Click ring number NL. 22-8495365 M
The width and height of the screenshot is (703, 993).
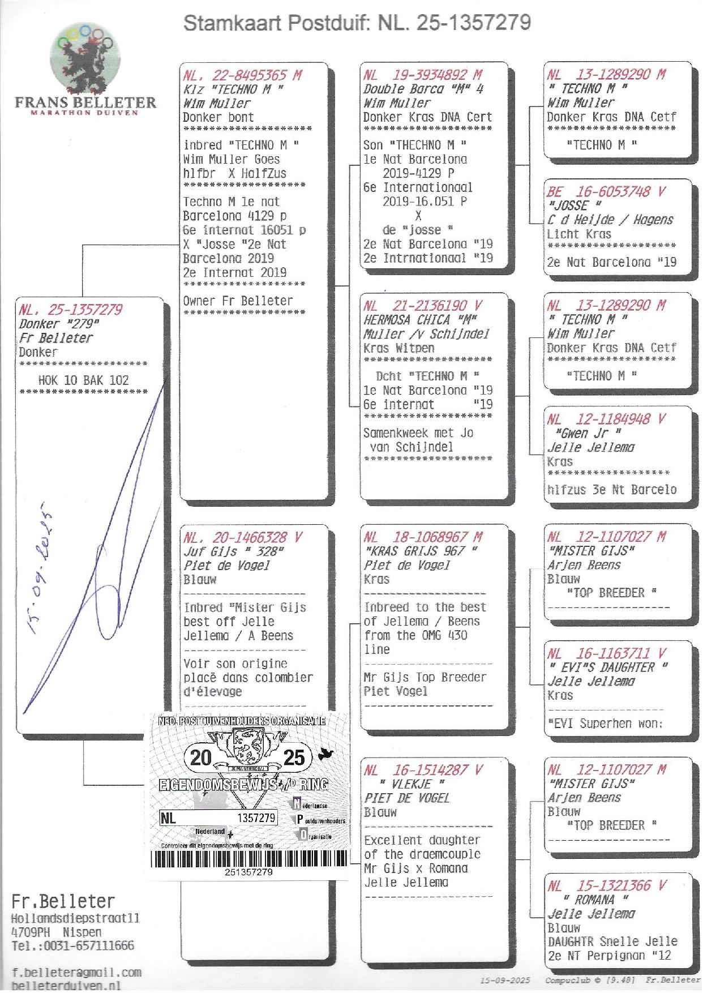point(242,75)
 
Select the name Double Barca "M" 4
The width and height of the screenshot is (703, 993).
point(423,89)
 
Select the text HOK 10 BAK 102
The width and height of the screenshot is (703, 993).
point(83,380)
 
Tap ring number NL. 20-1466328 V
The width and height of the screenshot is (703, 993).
point(243,537)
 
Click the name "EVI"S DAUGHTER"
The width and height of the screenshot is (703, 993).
point(608,667)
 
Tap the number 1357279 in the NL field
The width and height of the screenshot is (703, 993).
point(256,818)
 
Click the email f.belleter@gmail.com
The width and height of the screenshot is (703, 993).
point(76,973)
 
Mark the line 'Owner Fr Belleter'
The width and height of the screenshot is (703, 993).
point(238,301)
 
